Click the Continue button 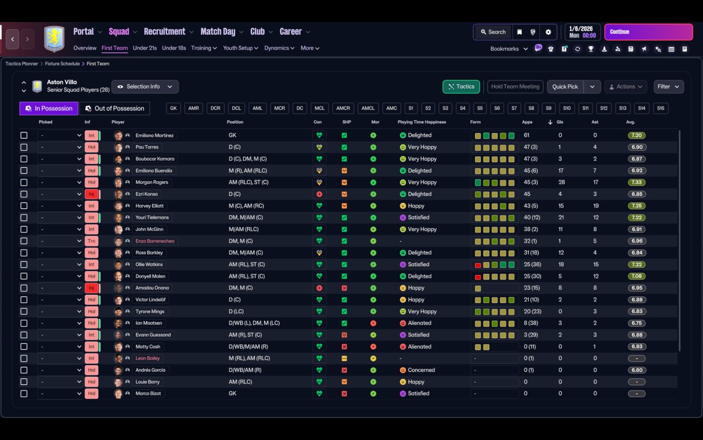648,32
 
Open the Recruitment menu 165,31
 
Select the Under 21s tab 145,48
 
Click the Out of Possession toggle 115,108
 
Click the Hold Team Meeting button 515,86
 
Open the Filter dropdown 668,86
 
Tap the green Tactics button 461,86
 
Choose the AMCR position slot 343,108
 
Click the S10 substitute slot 567,108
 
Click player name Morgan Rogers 152,182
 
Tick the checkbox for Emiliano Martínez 24,135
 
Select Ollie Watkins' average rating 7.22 637,265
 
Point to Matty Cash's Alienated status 419,346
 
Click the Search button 493,32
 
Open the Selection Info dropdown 145,86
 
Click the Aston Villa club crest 54,38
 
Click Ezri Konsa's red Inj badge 91,194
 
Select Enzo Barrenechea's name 155,241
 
